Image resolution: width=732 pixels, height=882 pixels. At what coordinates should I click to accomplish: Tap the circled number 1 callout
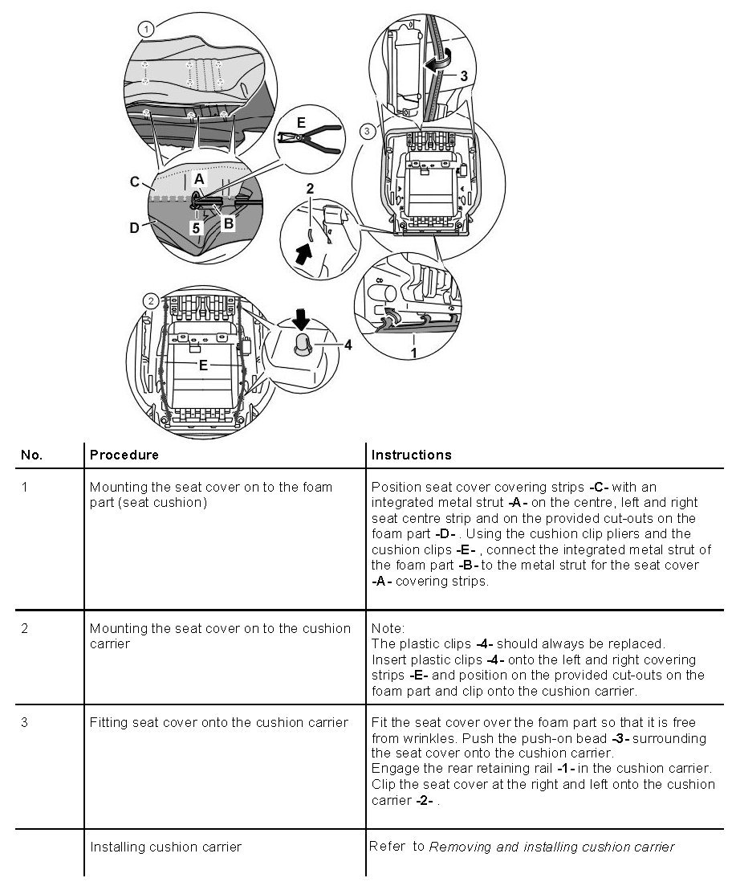click(144, 28)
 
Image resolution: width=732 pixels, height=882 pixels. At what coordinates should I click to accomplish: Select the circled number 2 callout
click(150, 301)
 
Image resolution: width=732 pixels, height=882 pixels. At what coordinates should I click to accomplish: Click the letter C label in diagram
click(135, 182)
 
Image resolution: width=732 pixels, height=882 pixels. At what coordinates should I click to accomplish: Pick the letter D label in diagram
click(135, 227)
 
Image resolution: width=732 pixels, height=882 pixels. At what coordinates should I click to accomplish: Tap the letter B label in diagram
click(228, 223)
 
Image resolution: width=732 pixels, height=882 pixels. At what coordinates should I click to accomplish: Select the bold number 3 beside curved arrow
click(464, 76)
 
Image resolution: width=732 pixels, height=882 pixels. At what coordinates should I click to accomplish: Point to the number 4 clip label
click(348, 346)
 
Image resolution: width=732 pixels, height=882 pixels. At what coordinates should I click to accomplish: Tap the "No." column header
click(32, 455)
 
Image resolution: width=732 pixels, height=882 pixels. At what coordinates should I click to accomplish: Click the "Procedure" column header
click(124, 455)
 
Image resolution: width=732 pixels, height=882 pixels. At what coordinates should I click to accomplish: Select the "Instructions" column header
click(411, 455)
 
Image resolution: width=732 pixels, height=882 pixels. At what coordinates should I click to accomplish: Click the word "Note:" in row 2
click(388, 628)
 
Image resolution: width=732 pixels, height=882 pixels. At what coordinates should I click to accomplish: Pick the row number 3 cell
click(25, 722)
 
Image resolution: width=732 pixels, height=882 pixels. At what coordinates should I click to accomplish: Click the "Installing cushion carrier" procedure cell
click(165, 846)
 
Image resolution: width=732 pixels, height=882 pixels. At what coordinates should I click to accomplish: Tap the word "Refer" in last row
click(388, 846)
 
